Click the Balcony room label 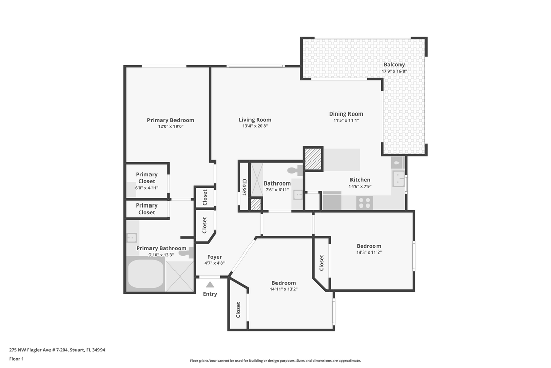click(394, 65)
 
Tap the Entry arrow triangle click(210, 284)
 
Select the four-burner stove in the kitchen click(364, 202)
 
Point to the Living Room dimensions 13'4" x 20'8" click(255, 126)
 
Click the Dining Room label click(346, 114)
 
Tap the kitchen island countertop click(342, 160)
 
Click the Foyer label click(214, 257)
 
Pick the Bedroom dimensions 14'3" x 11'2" click(368, 252)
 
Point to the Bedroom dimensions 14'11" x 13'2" click(284, 289)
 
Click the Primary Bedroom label click(170, 120)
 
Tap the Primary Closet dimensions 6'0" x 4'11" click(146, 188)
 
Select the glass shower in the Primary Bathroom click(180, 276)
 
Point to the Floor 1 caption click(16, 359)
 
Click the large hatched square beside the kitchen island click(313, 159)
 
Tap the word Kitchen click(360, 180)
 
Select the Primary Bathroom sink click(131, 238)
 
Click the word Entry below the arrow click(210, 294)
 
